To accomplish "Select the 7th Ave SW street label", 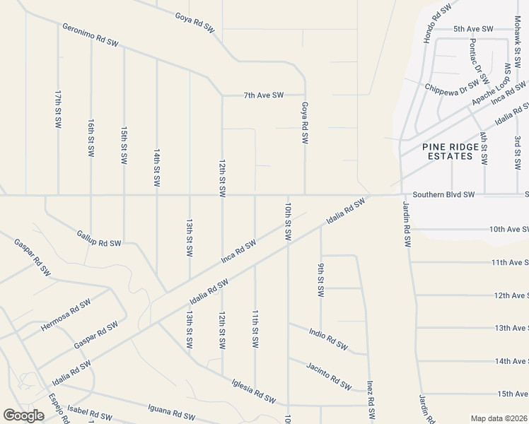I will (x=263, y=95).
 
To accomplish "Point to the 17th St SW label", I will (x=58, y=109).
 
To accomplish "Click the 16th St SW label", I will (x=91, y=138).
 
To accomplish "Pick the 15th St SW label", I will (x=124, y=146).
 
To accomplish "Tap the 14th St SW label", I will (x=157, y=167).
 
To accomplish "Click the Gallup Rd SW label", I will (x=98, y=237).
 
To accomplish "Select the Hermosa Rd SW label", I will (x=66, y=315).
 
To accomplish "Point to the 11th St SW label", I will (x=255, y=327).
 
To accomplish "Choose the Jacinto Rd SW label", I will (x=329, y=376).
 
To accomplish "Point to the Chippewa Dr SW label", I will (x=453, y=88).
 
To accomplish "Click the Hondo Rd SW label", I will (x=437, y=23).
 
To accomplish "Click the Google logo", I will (x=23, y=416).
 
